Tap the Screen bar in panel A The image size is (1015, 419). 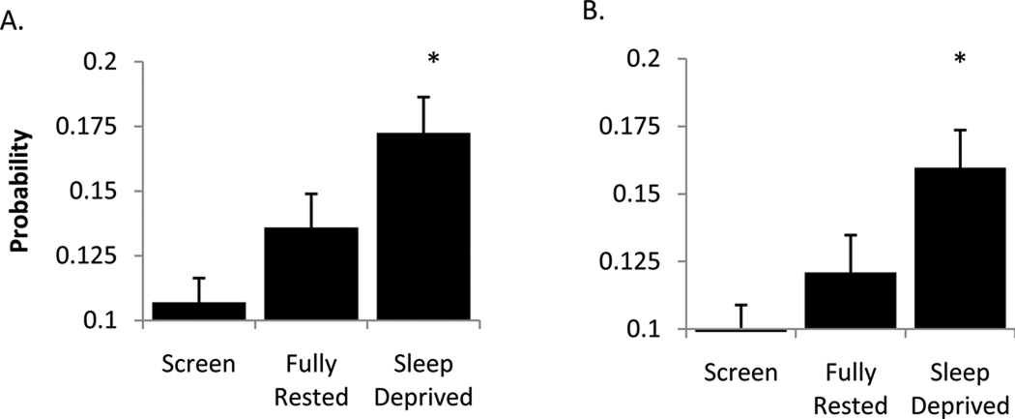[198, 311]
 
